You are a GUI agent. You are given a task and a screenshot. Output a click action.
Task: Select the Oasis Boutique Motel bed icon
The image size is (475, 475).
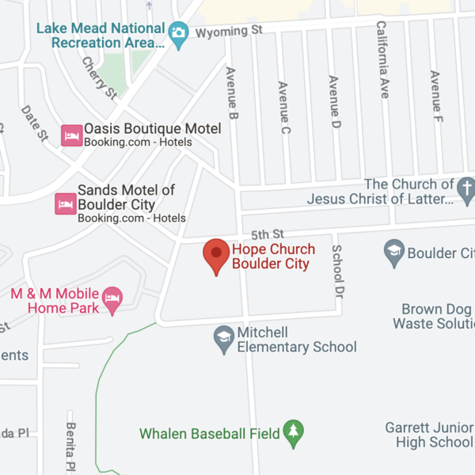pos(72,135)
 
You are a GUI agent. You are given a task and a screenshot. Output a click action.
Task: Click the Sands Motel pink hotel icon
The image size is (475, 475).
pos(65,204)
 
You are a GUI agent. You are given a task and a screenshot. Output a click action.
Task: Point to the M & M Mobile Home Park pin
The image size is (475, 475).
pos(113,299)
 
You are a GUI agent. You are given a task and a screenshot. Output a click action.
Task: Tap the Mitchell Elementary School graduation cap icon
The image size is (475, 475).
pos(225,338)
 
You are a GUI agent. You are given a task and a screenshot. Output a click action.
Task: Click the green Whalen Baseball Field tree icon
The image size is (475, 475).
pos(294,432)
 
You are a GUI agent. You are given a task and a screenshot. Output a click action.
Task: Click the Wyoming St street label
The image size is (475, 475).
pos(229,32)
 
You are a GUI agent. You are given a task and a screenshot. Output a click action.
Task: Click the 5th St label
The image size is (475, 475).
pos(267,234)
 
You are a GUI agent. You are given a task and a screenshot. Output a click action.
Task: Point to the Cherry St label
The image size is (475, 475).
pos(100,77)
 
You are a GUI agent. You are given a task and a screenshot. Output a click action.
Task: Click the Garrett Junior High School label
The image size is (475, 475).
pos(429,435)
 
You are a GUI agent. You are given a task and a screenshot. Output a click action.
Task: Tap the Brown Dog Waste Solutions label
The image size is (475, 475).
pos(434,317)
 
